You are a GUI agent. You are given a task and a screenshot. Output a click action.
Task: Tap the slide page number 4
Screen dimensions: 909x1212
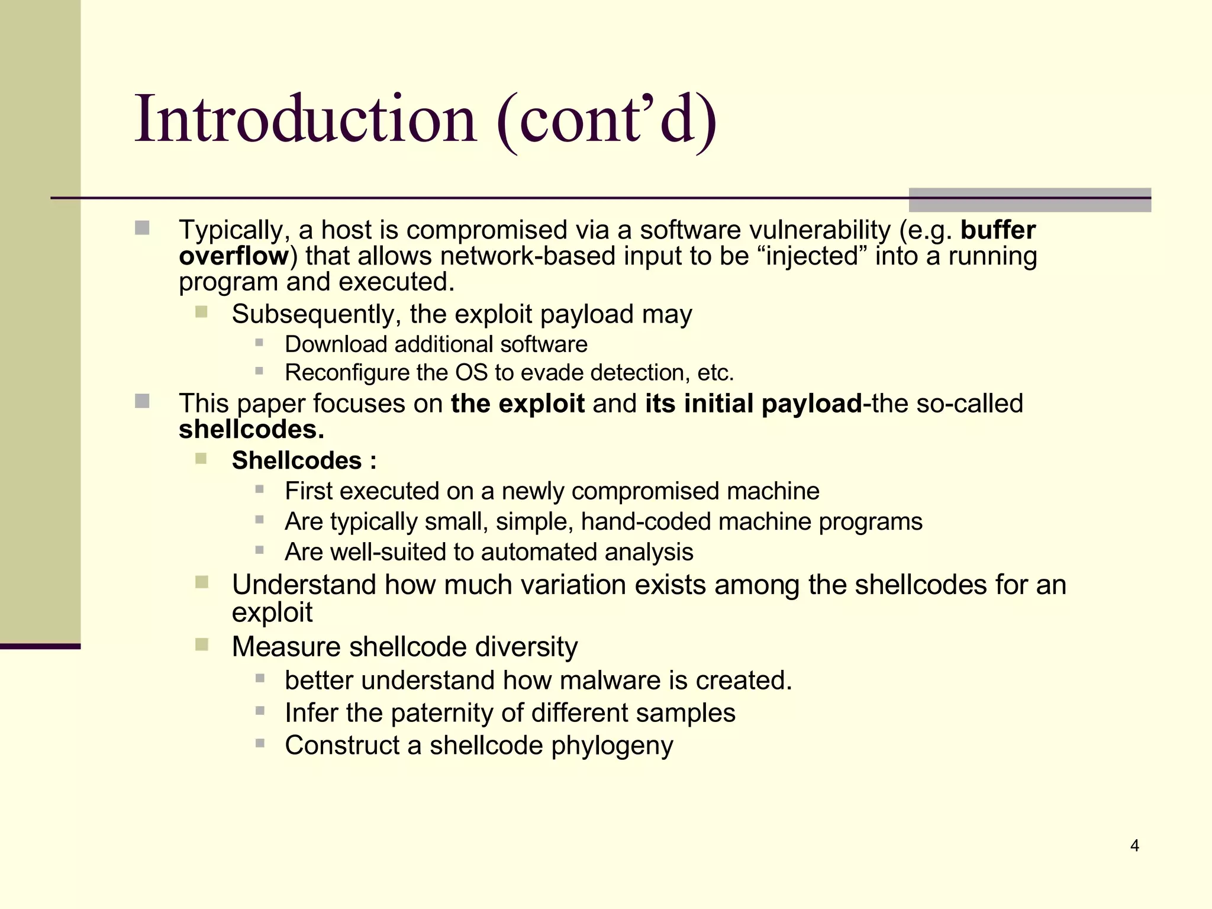[1134, 846]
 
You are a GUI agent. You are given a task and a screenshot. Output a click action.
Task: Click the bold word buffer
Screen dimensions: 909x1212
[998, 230]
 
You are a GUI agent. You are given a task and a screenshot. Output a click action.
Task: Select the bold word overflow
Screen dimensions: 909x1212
[234, 256]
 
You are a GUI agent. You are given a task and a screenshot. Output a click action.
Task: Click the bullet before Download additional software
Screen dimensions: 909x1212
[259, 342]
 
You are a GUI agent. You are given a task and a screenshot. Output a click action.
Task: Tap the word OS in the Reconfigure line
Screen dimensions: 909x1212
[471, 373]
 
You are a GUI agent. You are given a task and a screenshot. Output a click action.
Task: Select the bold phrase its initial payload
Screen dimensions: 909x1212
[753, 404]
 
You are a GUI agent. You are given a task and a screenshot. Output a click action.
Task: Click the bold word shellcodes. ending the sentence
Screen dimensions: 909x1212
[252, 430]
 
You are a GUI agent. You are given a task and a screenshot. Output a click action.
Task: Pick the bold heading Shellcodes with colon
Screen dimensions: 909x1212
[304, 460]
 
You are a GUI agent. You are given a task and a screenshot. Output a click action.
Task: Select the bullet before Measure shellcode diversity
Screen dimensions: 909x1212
[202, 644]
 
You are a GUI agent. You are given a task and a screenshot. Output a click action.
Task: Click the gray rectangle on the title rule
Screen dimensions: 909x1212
[1029, 200]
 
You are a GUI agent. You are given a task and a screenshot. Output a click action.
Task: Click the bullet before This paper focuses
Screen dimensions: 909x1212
[142, 402]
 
